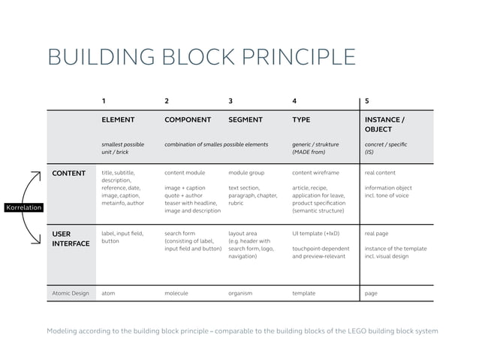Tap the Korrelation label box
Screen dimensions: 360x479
(23, 207)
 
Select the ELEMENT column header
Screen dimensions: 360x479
(118, 119)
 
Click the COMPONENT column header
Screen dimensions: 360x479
(188, 119)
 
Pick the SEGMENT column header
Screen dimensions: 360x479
(245, 119)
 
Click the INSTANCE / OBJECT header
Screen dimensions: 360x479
(384, 124)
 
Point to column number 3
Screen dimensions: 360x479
(230, 100)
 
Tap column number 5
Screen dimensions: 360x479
(366, 100)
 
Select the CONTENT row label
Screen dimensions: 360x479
(68, 174)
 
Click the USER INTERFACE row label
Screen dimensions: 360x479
(70, 238)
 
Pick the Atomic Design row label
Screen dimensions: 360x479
(71, 293)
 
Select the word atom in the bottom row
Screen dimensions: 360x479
(108, 293)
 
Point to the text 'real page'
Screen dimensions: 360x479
(377, 234)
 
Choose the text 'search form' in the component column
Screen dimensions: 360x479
(180, 234)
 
